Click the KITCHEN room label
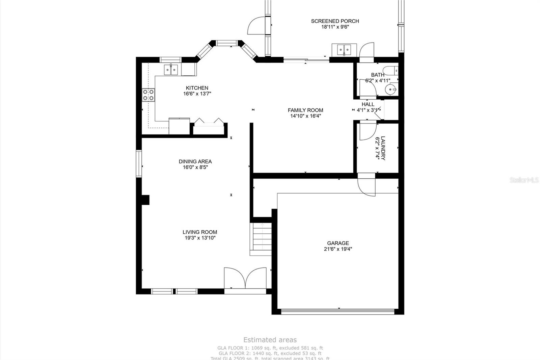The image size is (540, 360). [x=197, y=88]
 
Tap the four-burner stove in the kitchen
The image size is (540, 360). [x=148, y=95]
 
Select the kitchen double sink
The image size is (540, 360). [x=171, y=70]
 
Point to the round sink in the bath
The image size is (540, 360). [x=392, y=89]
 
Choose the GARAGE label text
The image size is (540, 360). [x=338, y=243]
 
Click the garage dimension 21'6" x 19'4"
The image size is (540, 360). [x=338, y=249]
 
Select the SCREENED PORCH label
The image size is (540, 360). [x=335, y=21]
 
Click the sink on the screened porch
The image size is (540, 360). [x=344, y=50]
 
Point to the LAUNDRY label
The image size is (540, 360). [x=383, y=148]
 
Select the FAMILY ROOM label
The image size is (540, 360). [x=305, y=110]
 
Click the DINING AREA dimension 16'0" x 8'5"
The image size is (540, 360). [x=195, y=167]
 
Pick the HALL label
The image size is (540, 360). [x=368, y=104]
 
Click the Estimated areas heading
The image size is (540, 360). [x=270, y=340]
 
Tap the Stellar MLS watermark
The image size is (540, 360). [x=524, y=180]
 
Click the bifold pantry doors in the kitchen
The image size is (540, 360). [x=209, y=122]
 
